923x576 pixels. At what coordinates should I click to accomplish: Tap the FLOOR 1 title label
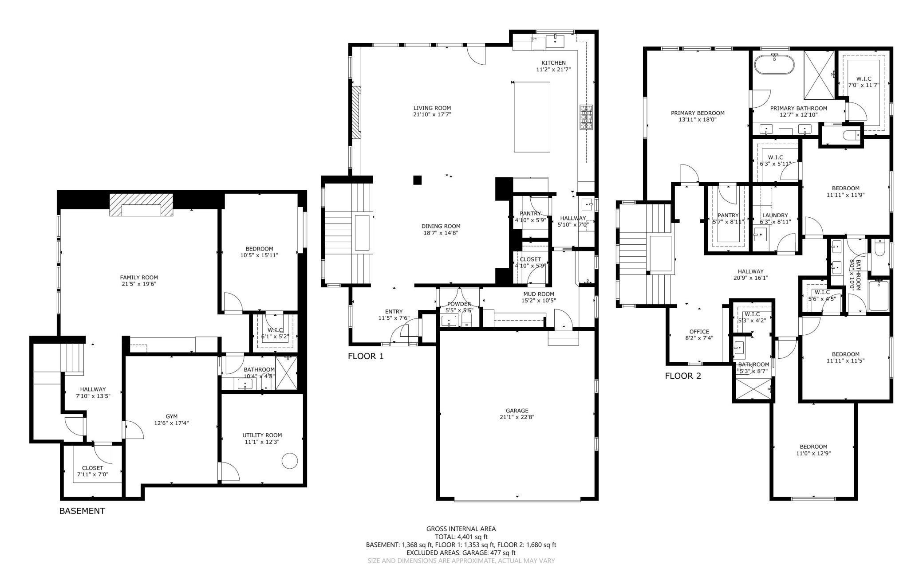tap(366, 356)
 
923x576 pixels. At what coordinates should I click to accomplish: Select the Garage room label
tap(517, 411)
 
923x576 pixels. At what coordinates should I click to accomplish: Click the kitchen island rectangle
tap(532, 117)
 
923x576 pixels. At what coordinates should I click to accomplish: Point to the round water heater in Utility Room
tap(290, 461)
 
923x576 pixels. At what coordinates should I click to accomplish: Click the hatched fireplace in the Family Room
tap(142, 205)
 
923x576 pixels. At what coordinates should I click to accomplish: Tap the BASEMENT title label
tap(82, 511)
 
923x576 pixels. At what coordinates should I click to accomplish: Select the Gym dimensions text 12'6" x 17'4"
tap(172, 423)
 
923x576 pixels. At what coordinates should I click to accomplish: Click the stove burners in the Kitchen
tap(586, 117)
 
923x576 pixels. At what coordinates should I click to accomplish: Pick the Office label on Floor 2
tap(699, 332)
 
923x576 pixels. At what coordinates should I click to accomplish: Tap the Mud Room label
tap(538, 294)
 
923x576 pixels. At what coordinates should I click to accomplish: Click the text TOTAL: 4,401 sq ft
tap(461, 537)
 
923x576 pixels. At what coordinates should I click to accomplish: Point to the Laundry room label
tap(775, 216)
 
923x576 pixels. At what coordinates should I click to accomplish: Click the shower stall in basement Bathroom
tap(286, 372)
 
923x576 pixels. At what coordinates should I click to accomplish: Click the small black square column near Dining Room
tap(417, 180)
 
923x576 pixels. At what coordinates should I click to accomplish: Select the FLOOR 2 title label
tap(683, 376)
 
